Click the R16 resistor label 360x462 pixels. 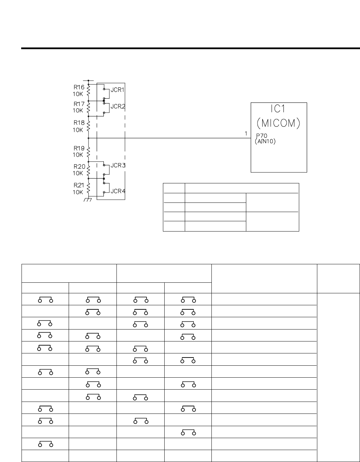coord(79,87)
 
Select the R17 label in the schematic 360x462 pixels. coord(79,104)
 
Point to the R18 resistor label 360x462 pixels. coord(79,123)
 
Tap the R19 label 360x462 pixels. coord(79,148)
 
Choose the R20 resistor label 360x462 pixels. coord(80,166)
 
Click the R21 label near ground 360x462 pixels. coord(79,185)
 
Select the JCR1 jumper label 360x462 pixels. coord(117,90)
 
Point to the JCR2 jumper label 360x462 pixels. coord(117,107)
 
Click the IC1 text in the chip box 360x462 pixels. coord(278,109)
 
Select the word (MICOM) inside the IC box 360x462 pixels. coord(278,123)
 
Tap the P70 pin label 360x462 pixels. coord(262,136)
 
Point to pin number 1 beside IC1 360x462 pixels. coord(246,134)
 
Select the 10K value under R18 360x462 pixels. coord(78,130)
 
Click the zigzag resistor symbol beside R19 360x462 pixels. coord(88,150)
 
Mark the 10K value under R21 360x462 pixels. coord(78,192)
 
